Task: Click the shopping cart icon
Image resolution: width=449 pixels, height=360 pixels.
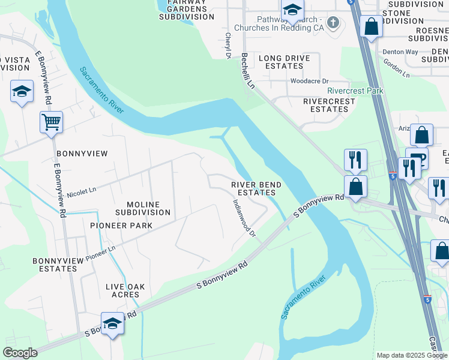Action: [51, 122]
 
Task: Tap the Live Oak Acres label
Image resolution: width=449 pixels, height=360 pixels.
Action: [125, 291]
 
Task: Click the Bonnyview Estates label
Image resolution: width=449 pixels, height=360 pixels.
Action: [63, 265]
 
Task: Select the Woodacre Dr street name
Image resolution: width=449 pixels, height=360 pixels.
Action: [309, 80]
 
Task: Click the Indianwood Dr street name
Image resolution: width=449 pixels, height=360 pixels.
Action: [244, 217]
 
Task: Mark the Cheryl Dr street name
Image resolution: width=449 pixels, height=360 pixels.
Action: [228, 45]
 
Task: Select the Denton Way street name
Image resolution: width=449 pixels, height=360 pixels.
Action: [400, 52]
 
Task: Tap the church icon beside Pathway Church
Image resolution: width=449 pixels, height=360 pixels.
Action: [334, 23]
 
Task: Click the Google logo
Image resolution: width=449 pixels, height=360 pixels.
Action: [20, 353]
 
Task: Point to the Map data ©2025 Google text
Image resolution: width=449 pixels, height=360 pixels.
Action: [411, 355]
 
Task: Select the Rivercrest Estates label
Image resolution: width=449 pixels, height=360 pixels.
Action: [329, 106]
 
